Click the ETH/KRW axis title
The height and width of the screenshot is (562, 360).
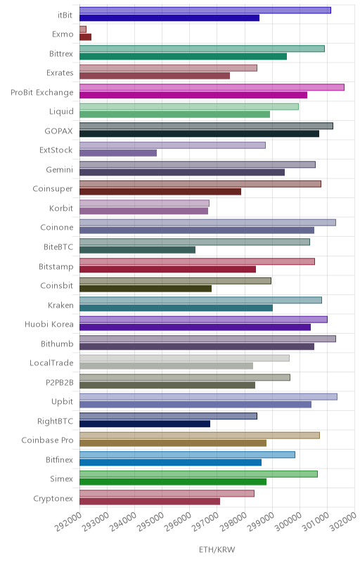[217, 549]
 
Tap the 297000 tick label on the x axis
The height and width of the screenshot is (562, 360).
[205, 522]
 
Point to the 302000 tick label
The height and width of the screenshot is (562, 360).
[343, 522]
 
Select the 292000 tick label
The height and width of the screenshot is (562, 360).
[67, 522]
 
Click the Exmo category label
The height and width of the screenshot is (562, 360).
[63, 34]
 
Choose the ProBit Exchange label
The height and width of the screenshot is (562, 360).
[42, 92]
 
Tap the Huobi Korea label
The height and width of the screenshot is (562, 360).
[49, 324]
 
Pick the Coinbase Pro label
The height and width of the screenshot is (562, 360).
[47, 440]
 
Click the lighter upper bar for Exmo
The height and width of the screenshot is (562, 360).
[83, 30]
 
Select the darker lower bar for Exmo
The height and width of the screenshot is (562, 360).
[85, 37]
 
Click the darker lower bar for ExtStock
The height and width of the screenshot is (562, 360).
[118, 153]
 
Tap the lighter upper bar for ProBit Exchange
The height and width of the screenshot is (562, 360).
[212, 87]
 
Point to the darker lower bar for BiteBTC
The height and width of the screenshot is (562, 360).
[137, 250]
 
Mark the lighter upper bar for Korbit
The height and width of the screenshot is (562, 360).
[144, 204]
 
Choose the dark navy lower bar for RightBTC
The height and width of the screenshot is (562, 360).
[145, 424]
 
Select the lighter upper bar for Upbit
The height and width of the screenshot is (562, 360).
[208, 397]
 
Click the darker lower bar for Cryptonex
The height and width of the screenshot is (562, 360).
[150, 502]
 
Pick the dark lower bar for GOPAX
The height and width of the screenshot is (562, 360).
[200, 133]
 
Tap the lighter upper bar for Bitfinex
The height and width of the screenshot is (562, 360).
[187, 455]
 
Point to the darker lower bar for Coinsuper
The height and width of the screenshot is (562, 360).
[160, 192]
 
